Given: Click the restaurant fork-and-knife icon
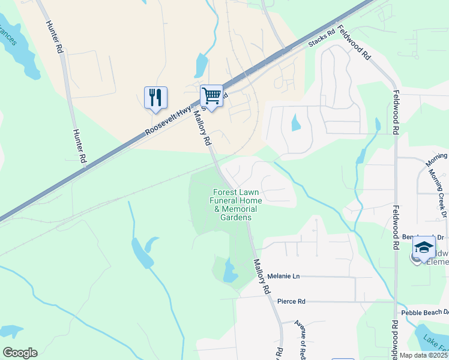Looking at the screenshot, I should (155, 97).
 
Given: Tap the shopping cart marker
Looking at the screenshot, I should (211, 95).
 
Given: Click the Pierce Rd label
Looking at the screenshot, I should (292, 301).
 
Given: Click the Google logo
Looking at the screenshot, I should (20, 352).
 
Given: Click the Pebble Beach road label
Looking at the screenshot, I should (424, 313).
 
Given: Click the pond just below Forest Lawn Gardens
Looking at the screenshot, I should (229, 271).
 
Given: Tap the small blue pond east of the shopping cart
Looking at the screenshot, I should (295, 123).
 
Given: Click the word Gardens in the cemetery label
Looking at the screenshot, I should (236, 217).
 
